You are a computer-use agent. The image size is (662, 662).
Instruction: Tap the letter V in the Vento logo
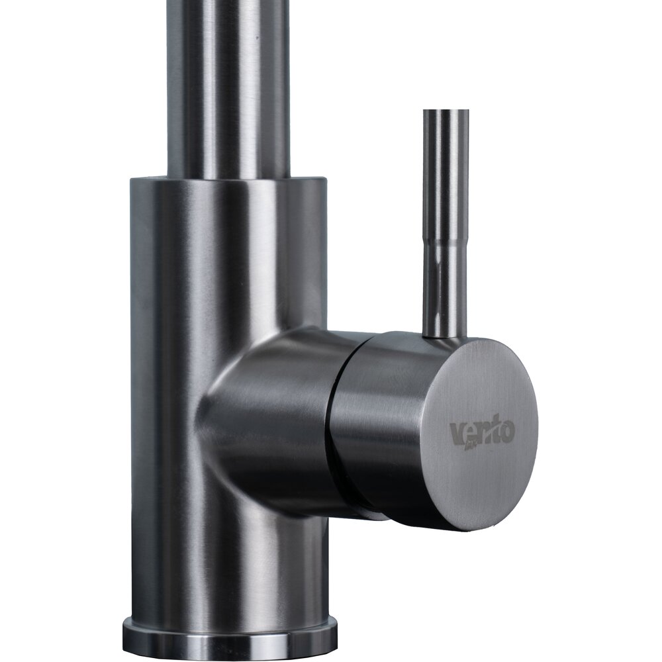[457, 434]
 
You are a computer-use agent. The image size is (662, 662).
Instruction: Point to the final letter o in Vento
[507, 432]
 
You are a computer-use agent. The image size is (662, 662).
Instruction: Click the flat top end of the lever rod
[446, 112]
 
